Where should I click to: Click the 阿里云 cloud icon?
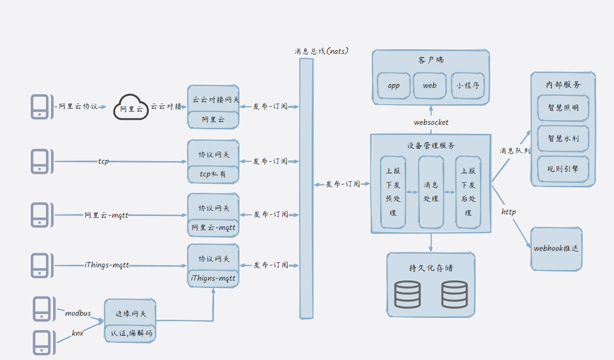click(131, 108)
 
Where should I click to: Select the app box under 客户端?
click(394, 86)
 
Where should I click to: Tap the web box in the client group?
click(430, 86)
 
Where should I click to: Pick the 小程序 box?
click(468, 86)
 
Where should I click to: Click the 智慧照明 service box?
click(563, 108)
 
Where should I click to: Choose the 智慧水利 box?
click(563, 138)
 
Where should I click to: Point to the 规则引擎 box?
click(563, 169)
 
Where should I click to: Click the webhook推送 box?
click(556, 249)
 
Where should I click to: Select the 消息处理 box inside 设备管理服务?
click(431, 192)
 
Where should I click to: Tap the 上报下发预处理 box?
click(393, 192)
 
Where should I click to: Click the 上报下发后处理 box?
click(468, 192)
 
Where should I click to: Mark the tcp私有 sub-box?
click(213, 174)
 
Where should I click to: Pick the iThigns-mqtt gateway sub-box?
click(213, 279)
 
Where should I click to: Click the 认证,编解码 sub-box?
click(130, 333)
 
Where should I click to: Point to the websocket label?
click(431, 123)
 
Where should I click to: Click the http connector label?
click(509, 212)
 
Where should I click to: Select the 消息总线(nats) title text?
click(321, 51)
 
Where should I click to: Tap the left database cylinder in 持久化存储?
click(407, 294)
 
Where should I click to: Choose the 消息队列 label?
click(515, 151)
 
